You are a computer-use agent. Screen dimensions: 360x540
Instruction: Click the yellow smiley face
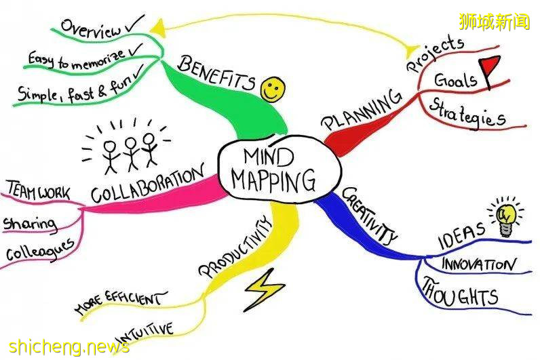click(273, 88)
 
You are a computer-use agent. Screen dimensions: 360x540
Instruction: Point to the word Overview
click(91, 29)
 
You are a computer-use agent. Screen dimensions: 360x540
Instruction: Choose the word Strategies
click(467, 113)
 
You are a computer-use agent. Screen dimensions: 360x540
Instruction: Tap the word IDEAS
click(461, 231)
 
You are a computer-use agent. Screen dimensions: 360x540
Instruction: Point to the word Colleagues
click(40, 251)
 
